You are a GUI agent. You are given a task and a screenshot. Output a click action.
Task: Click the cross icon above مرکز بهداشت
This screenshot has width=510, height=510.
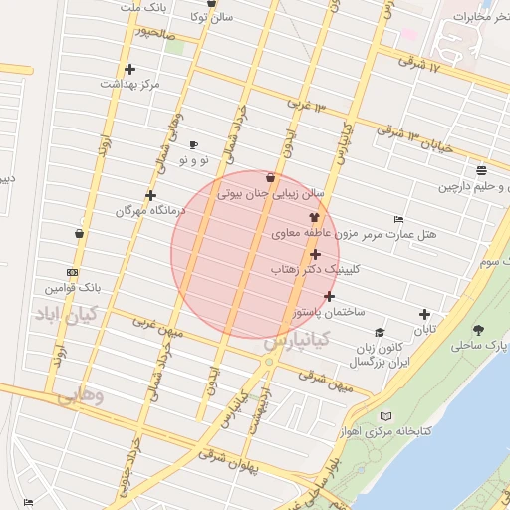click(130, 69)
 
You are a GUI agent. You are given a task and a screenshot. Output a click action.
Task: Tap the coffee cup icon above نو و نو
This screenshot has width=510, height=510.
click(193, 144)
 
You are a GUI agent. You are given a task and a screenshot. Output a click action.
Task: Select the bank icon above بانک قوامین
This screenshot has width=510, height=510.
click(72, 272)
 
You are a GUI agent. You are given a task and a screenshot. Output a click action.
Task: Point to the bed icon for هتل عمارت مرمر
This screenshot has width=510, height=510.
click(399, 219)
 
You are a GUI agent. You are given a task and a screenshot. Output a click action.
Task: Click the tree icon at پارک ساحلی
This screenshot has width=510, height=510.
click(480, 330)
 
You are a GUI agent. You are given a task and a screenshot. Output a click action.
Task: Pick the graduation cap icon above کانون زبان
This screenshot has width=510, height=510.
click(379, 333)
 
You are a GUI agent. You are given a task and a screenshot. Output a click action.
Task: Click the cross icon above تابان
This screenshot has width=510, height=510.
click(425, 314)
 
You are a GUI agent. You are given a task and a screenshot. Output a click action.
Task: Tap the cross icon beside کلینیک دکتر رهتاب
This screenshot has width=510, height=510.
click(316, 255)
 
